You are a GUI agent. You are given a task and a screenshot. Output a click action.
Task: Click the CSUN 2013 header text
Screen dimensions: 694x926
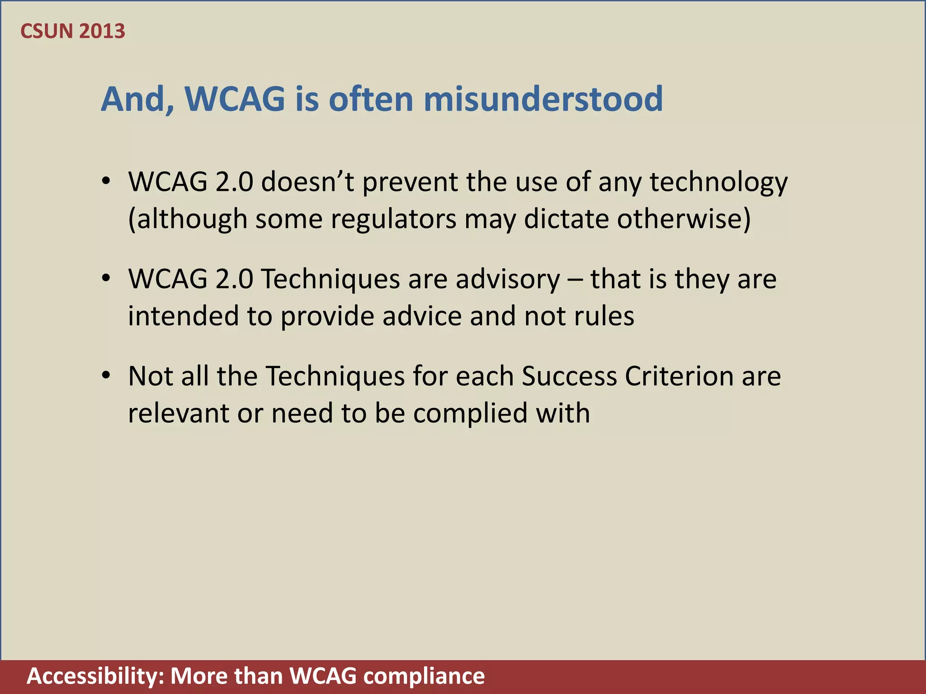click(x=73, y=31)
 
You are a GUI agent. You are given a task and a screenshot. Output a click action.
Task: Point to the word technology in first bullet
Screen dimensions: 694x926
click(x=718, y=183)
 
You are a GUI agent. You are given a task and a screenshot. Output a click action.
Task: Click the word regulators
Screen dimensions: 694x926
click(x=393, y=220)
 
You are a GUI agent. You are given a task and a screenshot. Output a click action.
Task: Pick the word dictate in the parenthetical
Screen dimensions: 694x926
click(x=567, y=220)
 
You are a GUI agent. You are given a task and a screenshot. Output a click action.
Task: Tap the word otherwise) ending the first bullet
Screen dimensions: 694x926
click(x=684, y=220)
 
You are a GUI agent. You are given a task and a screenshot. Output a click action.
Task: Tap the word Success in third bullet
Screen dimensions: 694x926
click(x=569, y=376)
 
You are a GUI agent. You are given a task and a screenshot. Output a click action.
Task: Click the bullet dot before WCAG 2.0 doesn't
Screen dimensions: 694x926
click(x=106, y=182)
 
